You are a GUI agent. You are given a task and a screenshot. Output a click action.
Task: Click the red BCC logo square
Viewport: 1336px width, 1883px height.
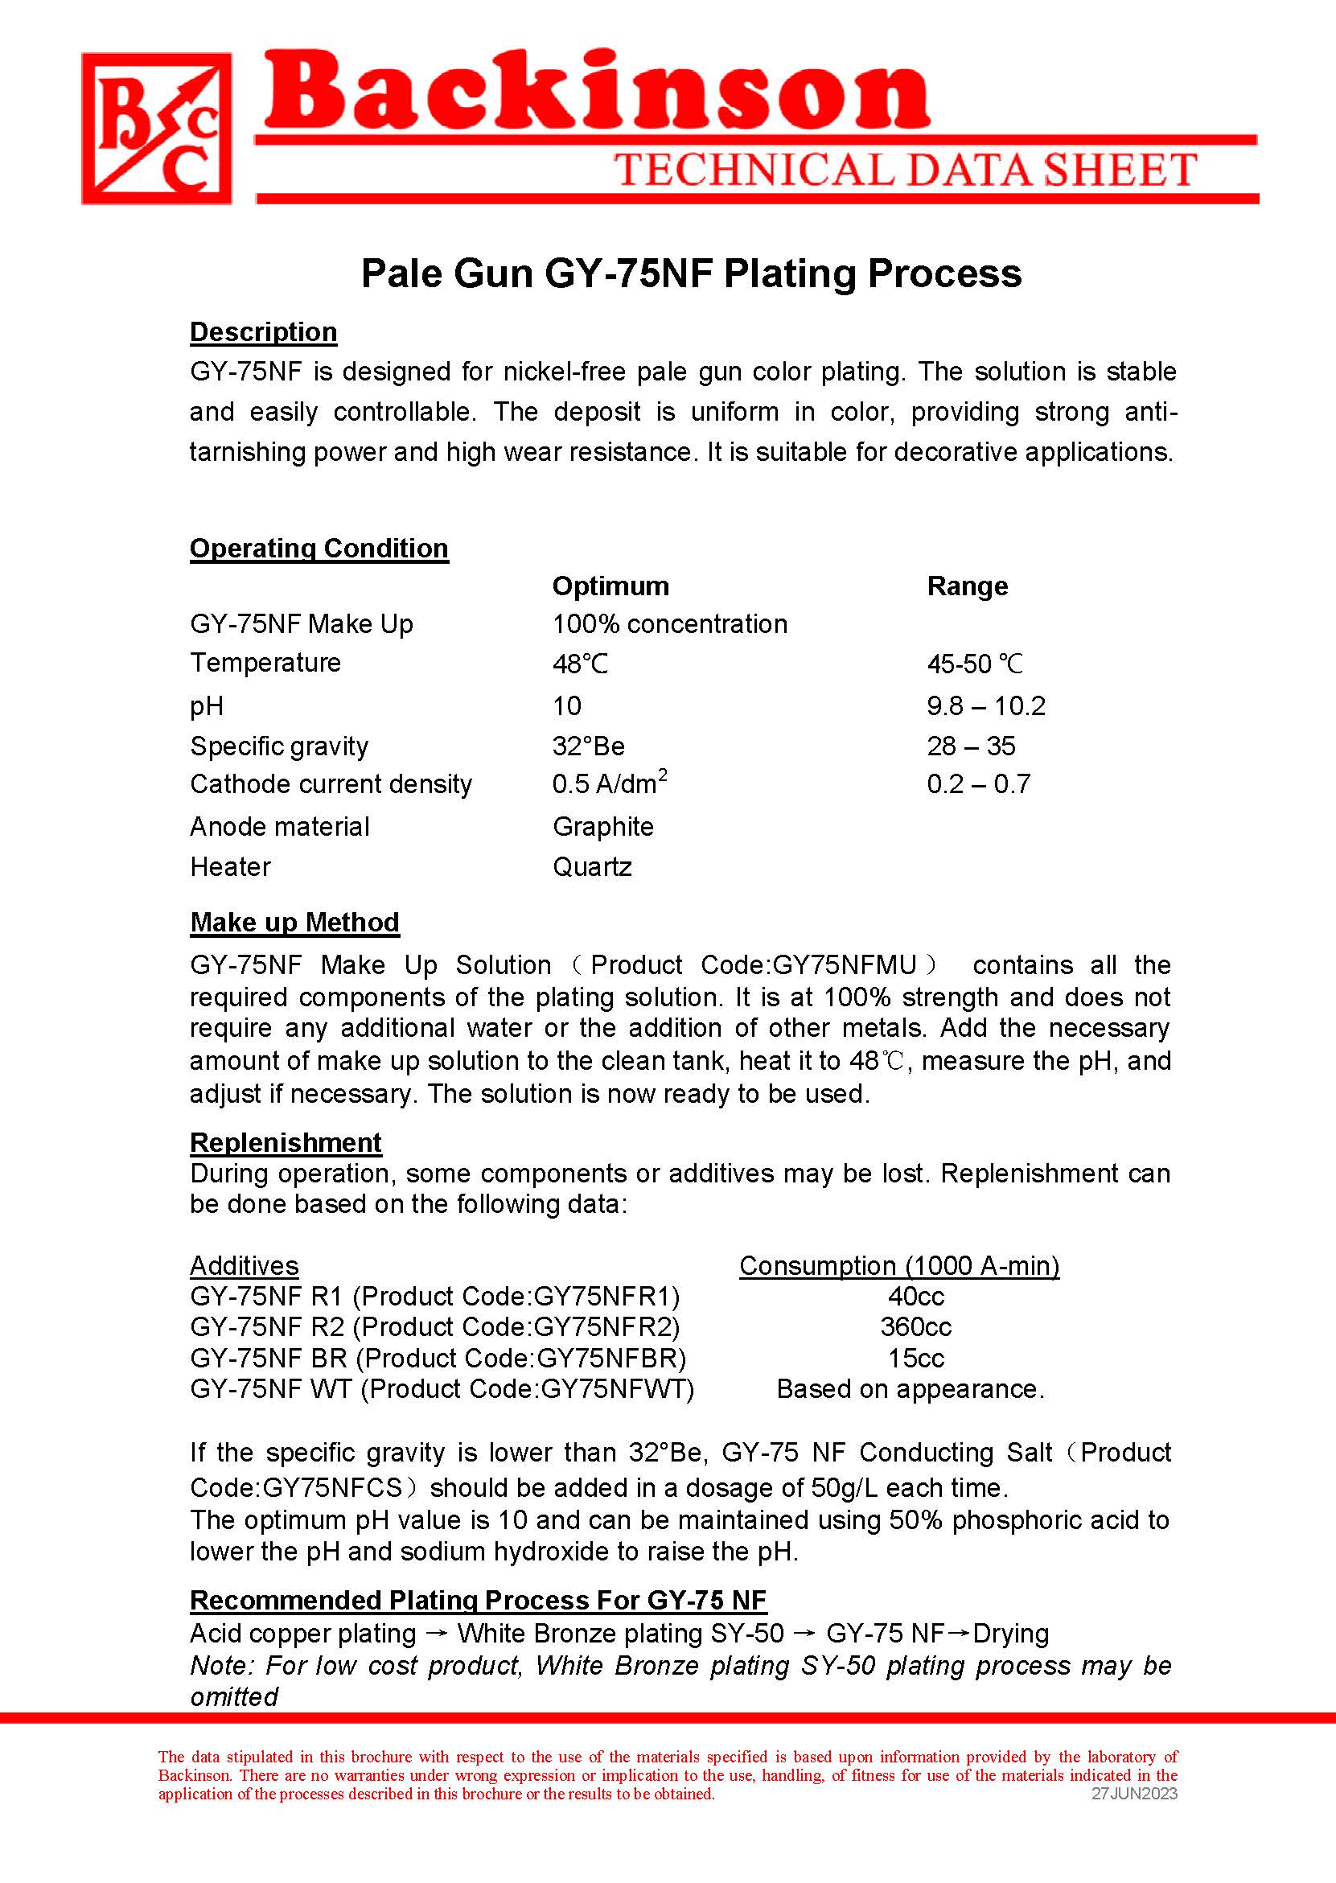click(x=156, y=129)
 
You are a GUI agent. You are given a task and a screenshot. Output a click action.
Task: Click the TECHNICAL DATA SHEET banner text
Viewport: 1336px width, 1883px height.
click(x=905, y=170)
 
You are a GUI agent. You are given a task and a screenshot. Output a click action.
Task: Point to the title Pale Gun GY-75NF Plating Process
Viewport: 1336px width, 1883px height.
click(x=691, y=273)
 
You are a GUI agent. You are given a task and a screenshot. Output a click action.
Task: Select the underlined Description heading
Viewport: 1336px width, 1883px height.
click(x=263, y=331)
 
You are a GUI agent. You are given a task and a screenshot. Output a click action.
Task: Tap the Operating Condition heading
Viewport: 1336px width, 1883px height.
click(x=319, y=548)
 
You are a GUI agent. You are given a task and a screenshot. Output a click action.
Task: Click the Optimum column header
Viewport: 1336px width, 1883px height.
click(x=610, y=586)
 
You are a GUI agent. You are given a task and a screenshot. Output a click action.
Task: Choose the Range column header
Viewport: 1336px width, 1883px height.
click(x=967, y=586)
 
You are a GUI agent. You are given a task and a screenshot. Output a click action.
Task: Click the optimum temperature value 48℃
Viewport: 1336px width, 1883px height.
click(x=580, y=663)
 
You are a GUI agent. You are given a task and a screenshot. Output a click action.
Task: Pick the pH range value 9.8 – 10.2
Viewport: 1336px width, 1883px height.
click(x=985, y=705)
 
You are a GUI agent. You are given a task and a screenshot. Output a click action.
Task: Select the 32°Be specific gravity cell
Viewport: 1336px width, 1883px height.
click(x=588, y=746)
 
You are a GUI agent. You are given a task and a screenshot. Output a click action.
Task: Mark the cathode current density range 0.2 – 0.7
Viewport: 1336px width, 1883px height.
click(x=978, y=784)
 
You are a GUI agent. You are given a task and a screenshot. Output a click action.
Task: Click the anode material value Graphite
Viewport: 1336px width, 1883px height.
click(x=603, y=826)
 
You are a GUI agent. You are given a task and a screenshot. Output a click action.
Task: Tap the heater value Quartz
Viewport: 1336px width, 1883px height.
click(x=592, y=866)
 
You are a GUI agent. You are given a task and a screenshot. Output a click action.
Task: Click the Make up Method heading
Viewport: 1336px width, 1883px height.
click(x=294, y=922)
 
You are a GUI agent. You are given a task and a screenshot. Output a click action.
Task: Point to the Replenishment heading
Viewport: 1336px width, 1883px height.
click(x=286, y=1142)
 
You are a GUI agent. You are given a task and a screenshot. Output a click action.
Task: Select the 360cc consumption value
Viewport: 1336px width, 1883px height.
click(x=915, y=1326)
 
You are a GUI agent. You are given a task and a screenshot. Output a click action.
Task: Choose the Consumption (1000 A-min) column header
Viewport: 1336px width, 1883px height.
click(x=899, y=1265)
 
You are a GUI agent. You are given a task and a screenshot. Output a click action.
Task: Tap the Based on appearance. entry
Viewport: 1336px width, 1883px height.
click(x=910, y=1388)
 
